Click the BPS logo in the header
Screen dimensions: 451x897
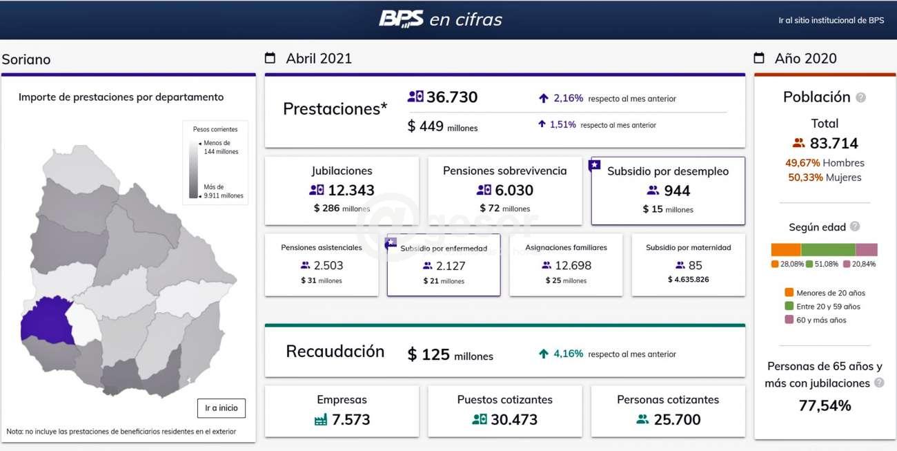click(401, 19)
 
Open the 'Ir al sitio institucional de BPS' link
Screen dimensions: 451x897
click(831, 21)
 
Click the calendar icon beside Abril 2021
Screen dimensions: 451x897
click(270, 58)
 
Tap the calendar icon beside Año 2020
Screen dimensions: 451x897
click(759, 58)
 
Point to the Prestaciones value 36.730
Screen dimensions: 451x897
click(451, 97)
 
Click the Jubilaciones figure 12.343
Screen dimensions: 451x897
click(351, 191)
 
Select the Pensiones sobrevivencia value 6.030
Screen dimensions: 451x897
click(514, 191)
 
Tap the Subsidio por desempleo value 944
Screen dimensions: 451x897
click(677, 191)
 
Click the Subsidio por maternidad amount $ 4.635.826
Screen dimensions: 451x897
click(688, 280)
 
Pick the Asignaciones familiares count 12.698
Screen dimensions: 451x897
click(573, 265)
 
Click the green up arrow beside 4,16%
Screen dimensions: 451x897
click(544, 354)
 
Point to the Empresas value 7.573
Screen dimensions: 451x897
click(351, 419)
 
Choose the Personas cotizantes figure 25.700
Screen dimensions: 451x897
click(677, 419)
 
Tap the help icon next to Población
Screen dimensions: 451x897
click(860, 97)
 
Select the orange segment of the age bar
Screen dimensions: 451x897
click(785, 250)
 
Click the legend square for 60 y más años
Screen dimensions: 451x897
click(789, 320)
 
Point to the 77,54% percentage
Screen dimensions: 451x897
click(825, 406)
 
